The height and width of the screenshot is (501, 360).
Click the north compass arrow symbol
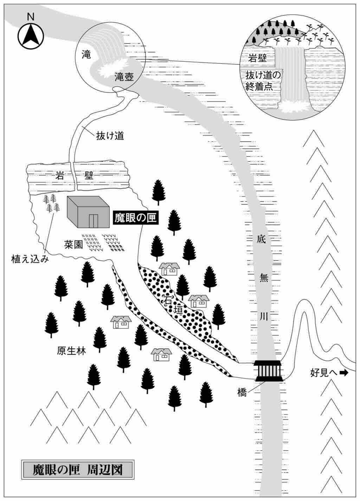tap(31, 36)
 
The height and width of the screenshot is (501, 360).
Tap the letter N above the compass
tap(31, 16)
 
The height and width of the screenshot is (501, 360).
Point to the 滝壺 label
tap(124, 77)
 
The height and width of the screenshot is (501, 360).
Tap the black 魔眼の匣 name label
tap(135, 218)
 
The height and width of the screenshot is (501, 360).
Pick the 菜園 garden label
tap(73, 244)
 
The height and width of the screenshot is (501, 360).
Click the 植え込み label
tap(30, 260)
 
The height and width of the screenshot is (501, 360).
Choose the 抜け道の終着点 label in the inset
tap(264, 81)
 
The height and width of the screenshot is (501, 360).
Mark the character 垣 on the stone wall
tap(179, 310)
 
